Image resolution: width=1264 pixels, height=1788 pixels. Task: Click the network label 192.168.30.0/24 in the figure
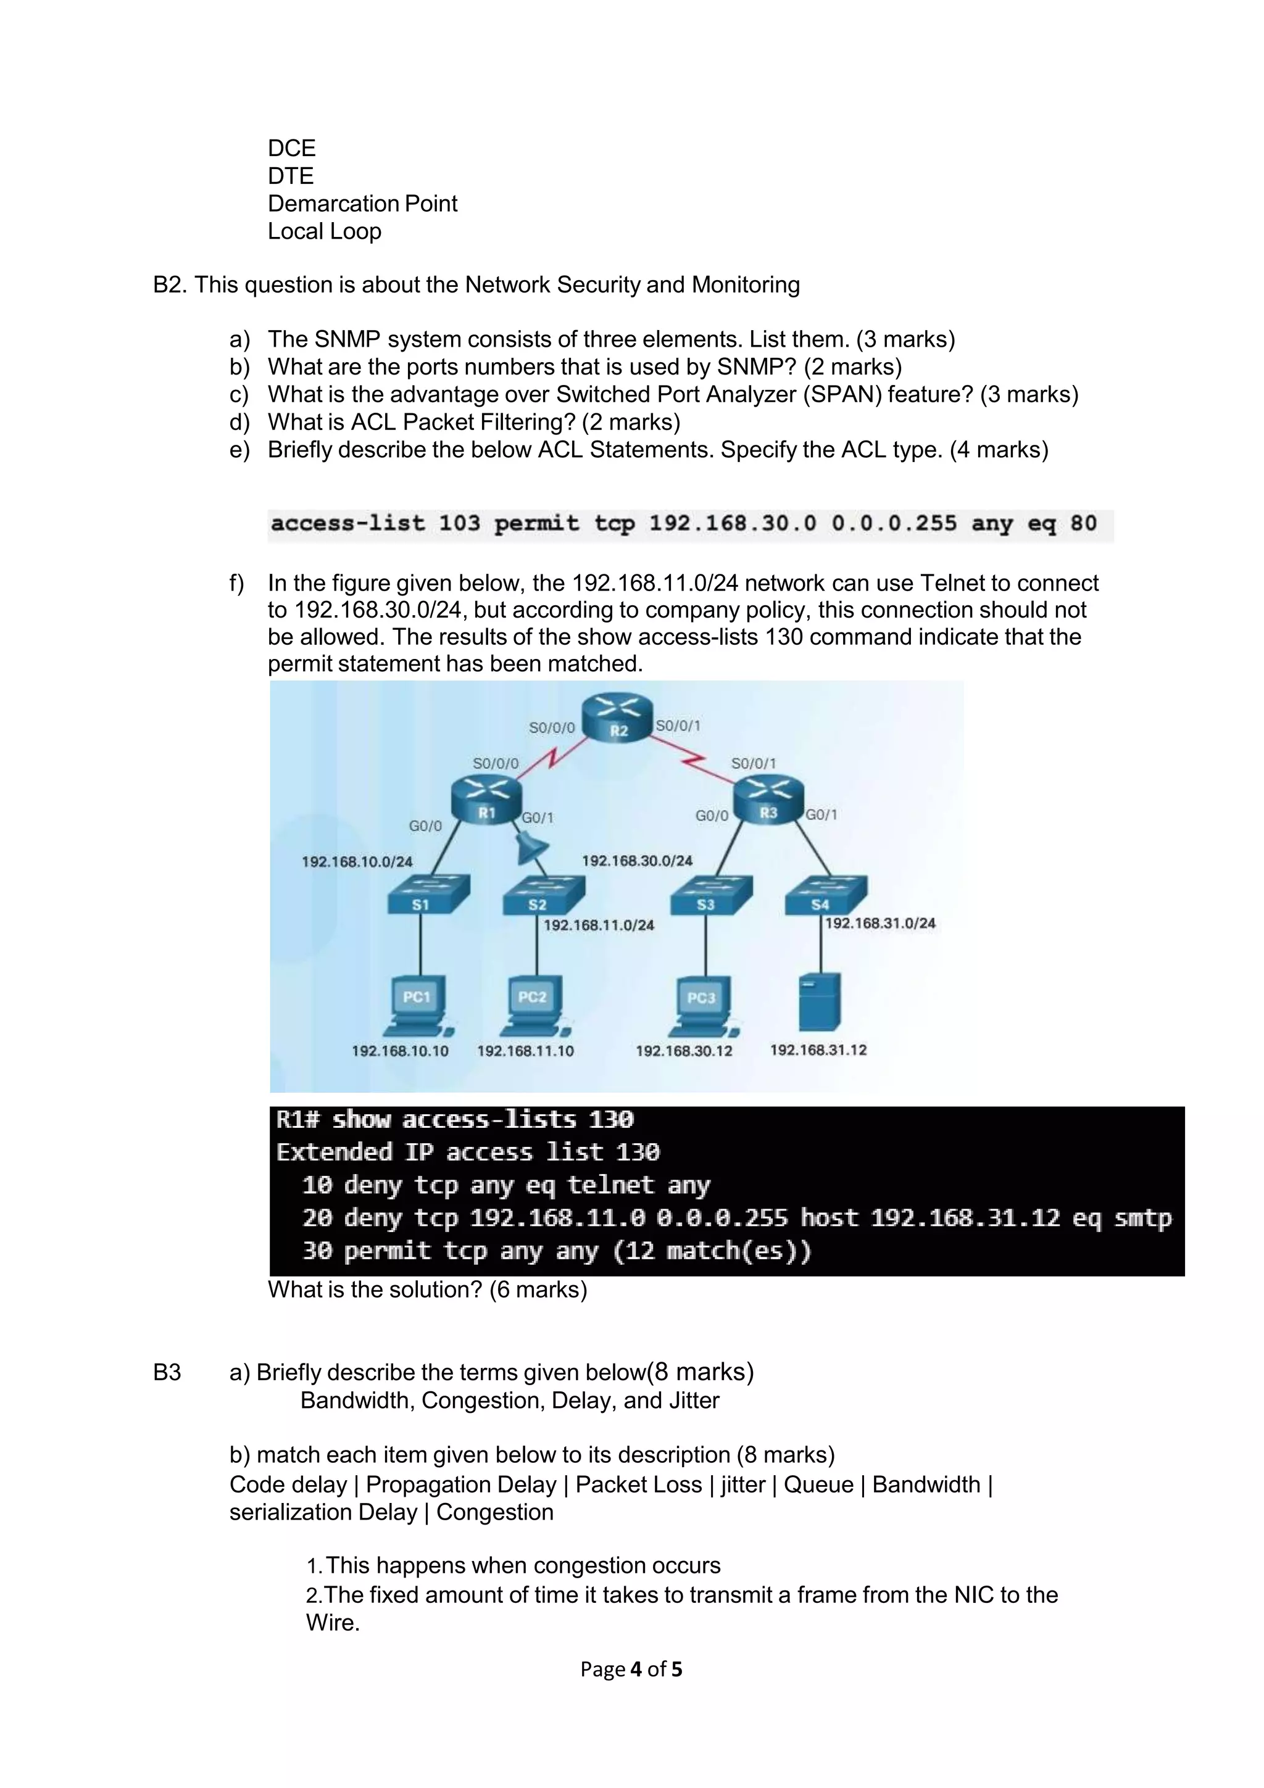637,861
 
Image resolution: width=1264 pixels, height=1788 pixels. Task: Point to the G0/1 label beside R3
821,814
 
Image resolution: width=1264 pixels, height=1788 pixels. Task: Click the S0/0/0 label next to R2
551,727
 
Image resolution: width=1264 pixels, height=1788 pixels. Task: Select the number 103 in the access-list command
459,523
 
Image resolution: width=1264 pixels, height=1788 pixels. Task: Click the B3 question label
167,1372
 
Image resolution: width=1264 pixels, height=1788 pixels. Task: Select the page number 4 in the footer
636,1669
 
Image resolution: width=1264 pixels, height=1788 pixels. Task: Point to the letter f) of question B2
237,583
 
